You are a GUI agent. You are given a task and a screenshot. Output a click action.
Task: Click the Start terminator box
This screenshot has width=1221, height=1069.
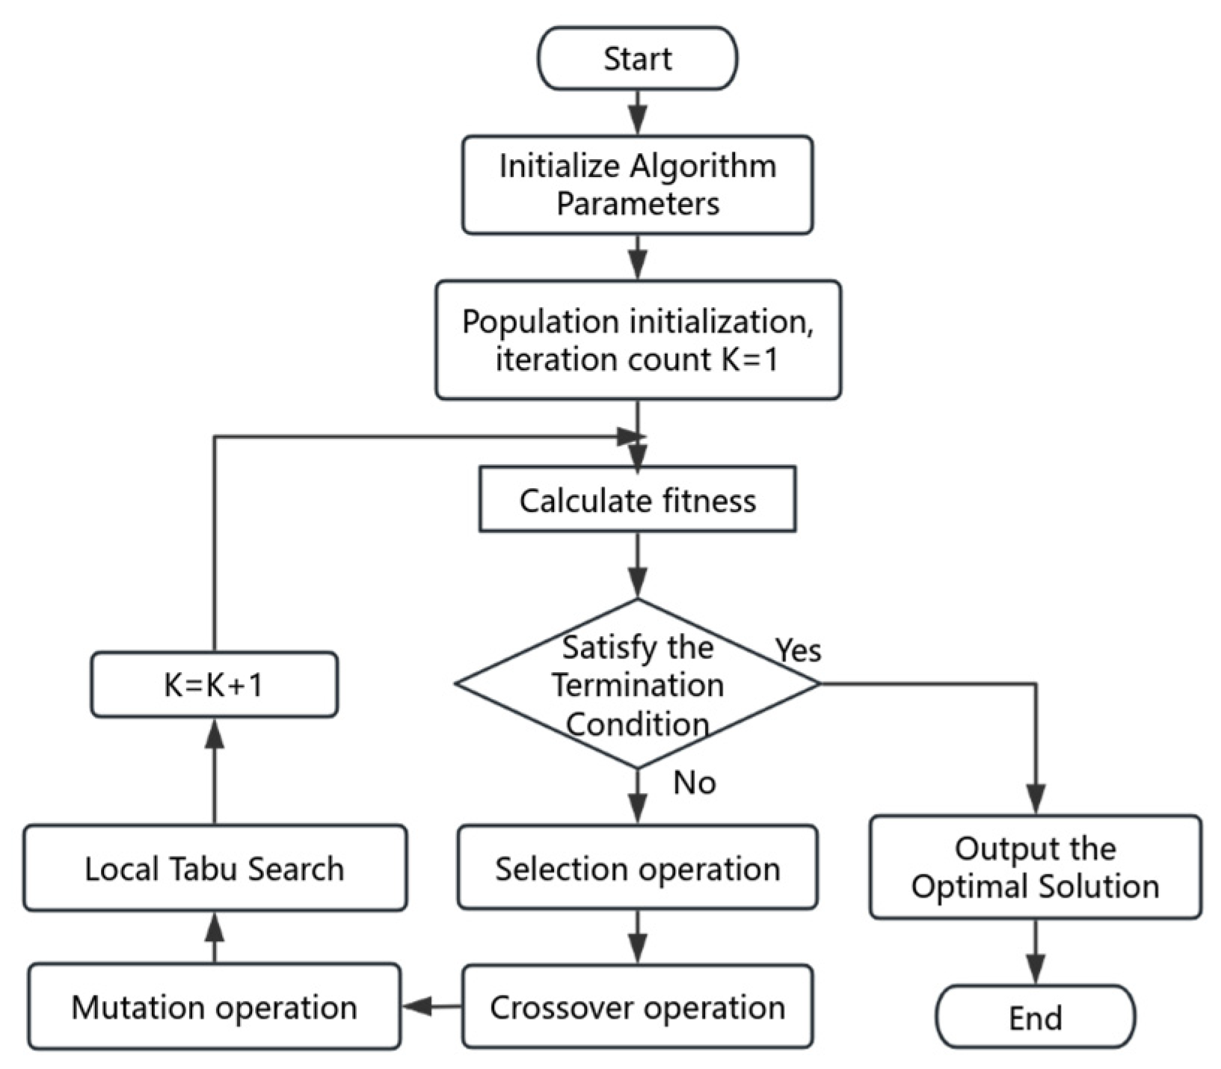pyautogui.click(x=637, y=58)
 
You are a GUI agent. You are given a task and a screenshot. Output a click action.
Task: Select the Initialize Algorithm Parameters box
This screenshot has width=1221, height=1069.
pyautogui.click(x=637, y=185)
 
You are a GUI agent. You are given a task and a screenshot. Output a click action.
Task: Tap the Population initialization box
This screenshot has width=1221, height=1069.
pyautogui.click(x=637, y=340)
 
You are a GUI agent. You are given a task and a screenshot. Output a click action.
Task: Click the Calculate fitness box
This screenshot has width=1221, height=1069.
pyautogui.click(x=637, y=499)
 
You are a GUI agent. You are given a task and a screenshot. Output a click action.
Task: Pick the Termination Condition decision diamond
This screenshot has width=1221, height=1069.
pyautogui.click(x=637, y=684)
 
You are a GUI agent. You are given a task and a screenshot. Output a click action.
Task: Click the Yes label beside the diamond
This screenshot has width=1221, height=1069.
pyautogui.click(x=798, y=650)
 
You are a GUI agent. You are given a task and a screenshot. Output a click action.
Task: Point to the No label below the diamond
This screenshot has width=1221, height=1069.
pyautogui.click(x=694, y=783)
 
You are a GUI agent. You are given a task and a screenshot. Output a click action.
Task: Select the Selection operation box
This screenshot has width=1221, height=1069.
pyautogui.click(x=637, y=868)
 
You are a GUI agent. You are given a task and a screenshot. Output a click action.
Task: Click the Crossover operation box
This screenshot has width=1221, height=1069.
pyautogui.click(x=637, y=1006)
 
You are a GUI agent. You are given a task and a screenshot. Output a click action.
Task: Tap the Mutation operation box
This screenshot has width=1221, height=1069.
pyautogui.click(x=214, y=1006)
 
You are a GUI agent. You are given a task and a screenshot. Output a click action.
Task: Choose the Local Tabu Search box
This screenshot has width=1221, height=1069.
pyautogui.click(x=214, y=868)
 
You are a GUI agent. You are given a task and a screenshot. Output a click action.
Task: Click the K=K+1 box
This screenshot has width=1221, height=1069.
pyautogui.click(x=214, y=685)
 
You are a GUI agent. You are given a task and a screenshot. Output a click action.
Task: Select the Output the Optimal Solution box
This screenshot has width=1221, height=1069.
pyautogui.click(x=1035, y=867)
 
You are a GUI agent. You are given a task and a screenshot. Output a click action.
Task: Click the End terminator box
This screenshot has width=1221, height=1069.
pyautogui.click(x=1035, y=1017)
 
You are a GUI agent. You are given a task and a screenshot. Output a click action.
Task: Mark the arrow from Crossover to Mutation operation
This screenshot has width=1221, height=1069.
pyautogui.click(x=431, y=1006)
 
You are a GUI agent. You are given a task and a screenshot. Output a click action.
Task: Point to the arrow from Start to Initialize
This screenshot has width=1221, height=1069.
pyautogui.click(x=637, y=113)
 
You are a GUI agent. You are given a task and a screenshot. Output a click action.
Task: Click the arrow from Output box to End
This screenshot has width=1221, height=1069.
pyautogui.click(x=1035, y=952)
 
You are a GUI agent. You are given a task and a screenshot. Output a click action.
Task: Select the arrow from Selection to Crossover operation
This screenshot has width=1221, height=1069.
pyautogui.click(x=637, y=937)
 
